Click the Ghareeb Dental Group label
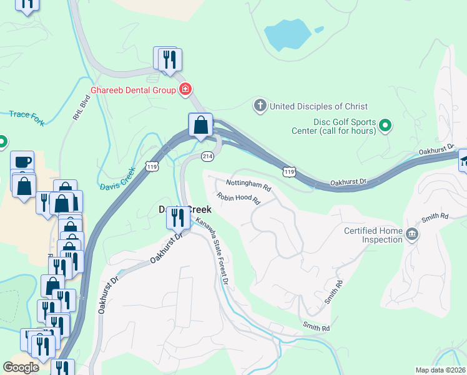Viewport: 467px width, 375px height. tap(133, 90)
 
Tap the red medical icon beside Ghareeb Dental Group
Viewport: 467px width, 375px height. tap(185, 90)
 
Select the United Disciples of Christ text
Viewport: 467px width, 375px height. tap(318, 106)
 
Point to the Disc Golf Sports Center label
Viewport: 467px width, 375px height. tap(333, 127)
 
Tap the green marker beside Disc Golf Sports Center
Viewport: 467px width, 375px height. tap(386, 126)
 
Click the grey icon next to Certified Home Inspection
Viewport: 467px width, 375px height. tap(412, 235)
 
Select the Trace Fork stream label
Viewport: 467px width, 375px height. tap(27, 118)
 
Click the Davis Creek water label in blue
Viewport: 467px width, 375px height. tap(117, 179)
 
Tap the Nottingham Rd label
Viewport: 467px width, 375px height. tap(248, 186)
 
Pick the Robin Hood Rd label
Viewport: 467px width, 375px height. tap(238, 199)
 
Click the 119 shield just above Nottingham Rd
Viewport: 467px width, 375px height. tap(288, 171)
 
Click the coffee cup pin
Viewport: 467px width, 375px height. tap(22, 161)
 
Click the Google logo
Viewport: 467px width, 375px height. tap(21, 367)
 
